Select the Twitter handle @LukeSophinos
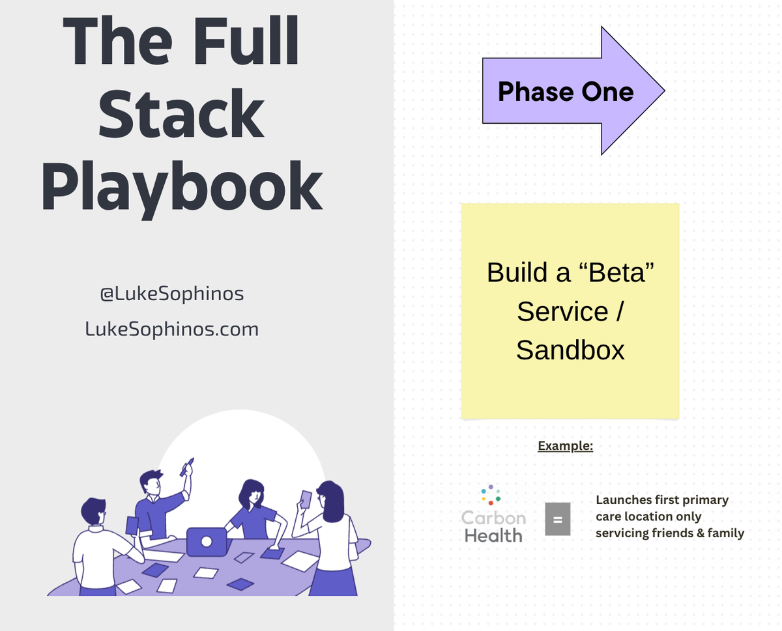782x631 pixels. click(x=172, y=294)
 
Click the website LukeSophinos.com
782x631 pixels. click(x=172, y=329)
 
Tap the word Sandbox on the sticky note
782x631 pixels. click(x=570, y=350)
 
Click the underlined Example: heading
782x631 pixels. click(x=565, y=446)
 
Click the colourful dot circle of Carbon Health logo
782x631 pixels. click(x=491, y=495)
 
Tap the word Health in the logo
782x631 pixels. click(x=493, y=535)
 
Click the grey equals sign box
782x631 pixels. click(x=557, y=519)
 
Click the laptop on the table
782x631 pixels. click(x=207, y=541)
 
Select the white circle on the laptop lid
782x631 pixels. click(x=207, y=541)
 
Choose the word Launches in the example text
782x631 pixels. click(x=624, y=500)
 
